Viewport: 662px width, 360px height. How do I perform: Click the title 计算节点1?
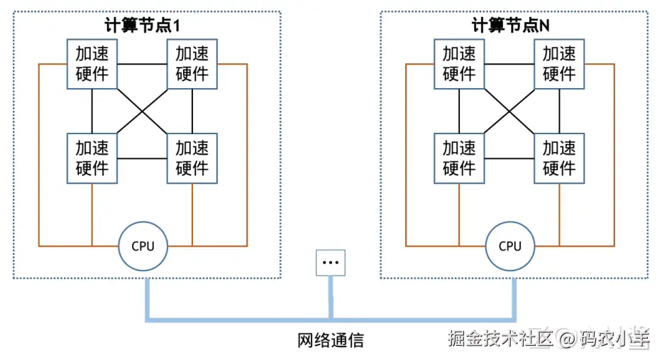click(x=143, y=26)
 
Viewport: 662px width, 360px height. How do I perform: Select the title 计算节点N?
click(x=510, y=26)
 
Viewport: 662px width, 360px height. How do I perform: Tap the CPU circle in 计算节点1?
click(x=143, y=246)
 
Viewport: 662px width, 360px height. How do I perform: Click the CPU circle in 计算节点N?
click(x=510, y=246)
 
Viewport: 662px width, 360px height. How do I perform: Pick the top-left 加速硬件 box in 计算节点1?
click(x=92, y=64)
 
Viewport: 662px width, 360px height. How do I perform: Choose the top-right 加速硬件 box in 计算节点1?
click(x=192, y=64)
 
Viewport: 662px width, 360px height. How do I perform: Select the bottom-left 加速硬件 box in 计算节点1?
click(x=92, y=158)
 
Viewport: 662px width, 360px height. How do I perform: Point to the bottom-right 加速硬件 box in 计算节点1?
click(x=192, y=158)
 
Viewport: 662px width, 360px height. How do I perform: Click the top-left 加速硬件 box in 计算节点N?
click(x=459, y=64)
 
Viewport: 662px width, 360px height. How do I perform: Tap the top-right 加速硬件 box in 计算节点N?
click(x=559, y=64)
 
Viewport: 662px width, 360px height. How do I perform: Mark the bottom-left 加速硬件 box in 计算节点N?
click(x=459, y=158)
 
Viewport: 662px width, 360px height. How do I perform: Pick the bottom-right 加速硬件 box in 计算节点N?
click(x=559, y=158)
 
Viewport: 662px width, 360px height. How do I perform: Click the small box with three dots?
click(x=331, y=263)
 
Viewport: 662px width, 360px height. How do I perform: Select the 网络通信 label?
click(x=331, y=340)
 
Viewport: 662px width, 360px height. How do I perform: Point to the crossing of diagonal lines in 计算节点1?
click(x=143, y=111)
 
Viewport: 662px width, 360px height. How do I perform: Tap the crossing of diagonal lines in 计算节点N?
click(x=509, y=111)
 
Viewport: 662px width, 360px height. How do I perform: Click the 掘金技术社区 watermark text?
click(x=501, y=338)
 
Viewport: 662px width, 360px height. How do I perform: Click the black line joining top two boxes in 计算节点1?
click(x=143, y=64)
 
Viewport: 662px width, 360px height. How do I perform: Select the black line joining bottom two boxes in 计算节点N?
click(x=509, y=158)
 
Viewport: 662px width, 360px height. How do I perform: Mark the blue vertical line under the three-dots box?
click(x=331, y=297)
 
